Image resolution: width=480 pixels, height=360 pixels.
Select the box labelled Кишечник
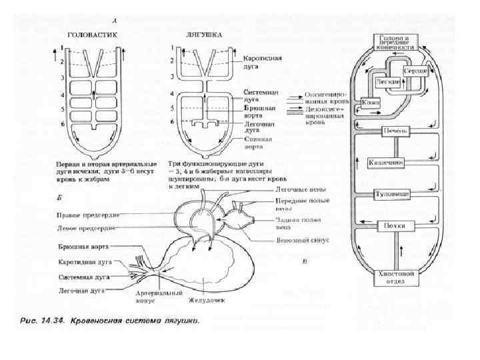[387, 162]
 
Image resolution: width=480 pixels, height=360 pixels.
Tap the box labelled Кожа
[369, 102]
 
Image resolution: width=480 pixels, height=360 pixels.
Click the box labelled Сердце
[415, 69]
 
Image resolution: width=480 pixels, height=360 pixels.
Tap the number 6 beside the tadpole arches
[61, 123]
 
